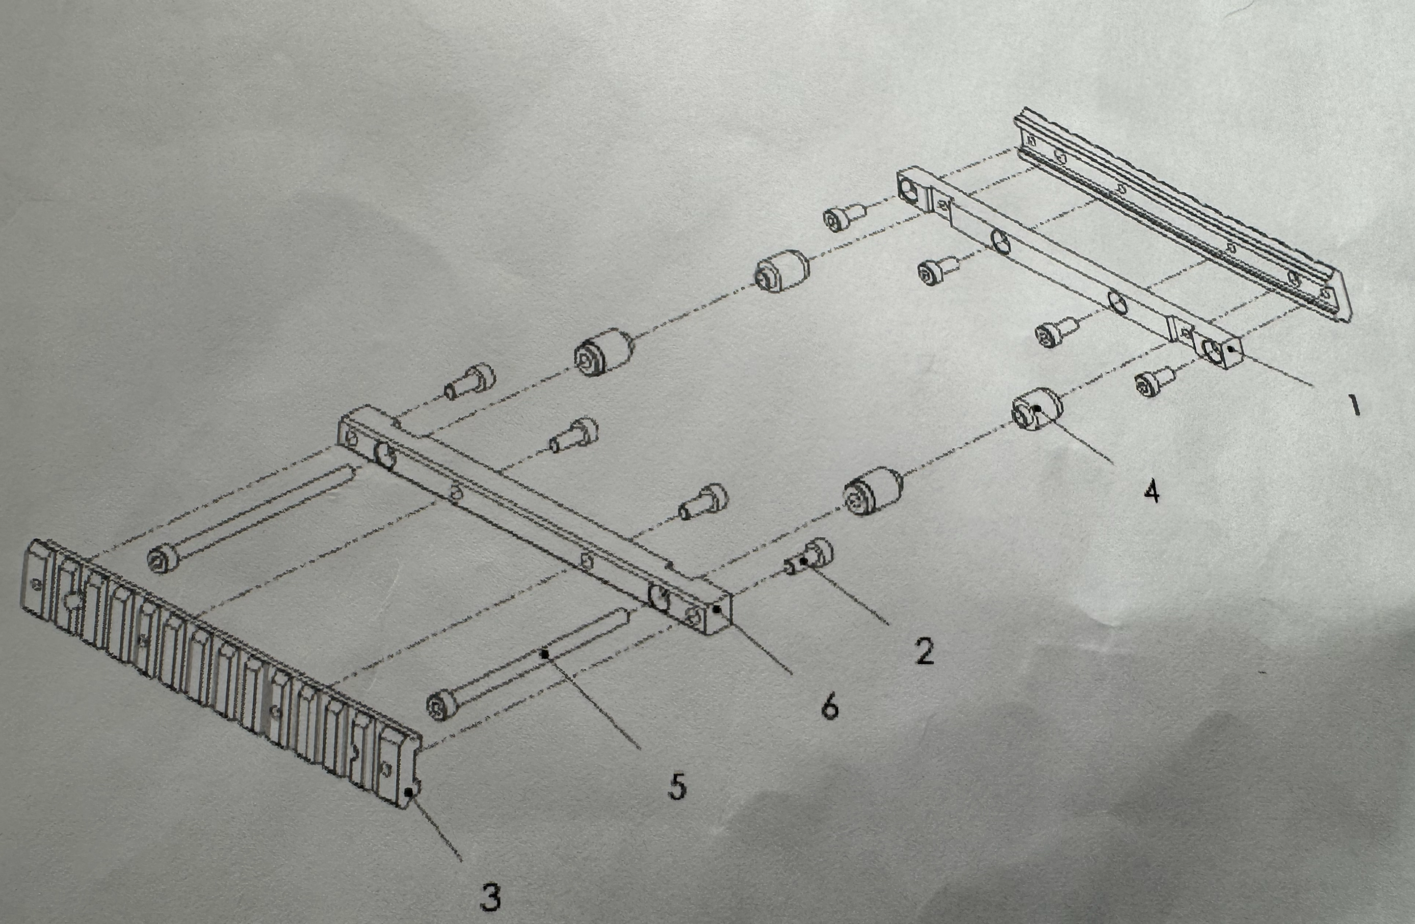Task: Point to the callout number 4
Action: [x=1151, y=492]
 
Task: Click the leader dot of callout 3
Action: [x=408, y=792]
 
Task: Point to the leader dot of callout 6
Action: [x=718, y=609]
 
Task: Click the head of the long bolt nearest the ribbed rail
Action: [x=161, y=559]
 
